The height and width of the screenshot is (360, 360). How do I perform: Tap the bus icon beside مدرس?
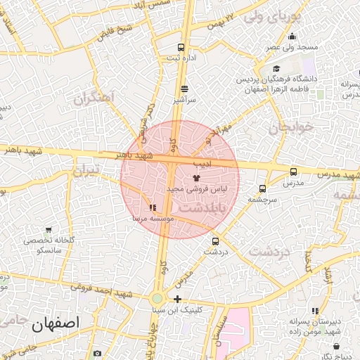(x=293, y=172)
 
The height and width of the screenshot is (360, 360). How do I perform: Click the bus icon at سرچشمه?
(x=262, y=188)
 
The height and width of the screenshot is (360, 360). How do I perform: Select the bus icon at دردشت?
(x=216, y=240)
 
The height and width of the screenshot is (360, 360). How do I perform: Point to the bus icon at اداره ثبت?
(x=181, y=47)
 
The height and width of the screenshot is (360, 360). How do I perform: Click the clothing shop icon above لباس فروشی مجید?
(x=195, y=179)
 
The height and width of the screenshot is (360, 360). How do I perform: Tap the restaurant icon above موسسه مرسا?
(x=153, y=208)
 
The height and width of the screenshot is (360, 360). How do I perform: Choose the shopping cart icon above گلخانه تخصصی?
(x=49, y=230)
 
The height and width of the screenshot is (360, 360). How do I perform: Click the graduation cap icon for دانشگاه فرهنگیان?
(x=277, y=69)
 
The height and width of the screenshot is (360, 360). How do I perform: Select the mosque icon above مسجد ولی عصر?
(x=292, y=37)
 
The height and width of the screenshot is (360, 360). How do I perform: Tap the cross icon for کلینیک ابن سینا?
(x=177, y=299)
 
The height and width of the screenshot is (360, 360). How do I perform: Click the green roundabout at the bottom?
(x=157, y=299)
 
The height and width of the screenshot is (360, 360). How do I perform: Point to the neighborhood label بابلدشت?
(x=201, y=208)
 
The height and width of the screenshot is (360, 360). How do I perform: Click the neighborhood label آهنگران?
(x=92, y=99)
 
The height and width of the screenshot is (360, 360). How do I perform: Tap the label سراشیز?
(x=184, y=101)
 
